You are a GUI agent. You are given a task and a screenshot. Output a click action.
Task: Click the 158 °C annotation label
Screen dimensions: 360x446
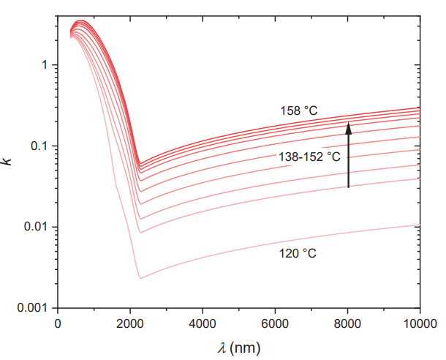coord(298,111)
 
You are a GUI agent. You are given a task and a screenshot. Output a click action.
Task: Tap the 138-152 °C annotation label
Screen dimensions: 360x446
coord(309,156)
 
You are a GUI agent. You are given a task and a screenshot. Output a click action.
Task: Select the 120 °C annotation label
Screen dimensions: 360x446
coord(298,254)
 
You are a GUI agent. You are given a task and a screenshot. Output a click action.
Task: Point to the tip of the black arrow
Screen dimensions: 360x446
coord(349,122)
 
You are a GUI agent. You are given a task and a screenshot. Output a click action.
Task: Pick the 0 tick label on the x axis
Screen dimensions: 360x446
coord(58,323)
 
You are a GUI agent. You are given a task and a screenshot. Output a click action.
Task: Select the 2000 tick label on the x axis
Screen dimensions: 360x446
coord(130,323)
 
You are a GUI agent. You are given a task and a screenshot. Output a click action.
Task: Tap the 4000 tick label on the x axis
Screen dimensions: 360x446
coord(203,323)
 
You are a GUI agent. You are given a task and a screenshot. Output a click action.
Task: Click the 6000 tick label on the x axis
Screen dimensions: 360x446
coord(275,323)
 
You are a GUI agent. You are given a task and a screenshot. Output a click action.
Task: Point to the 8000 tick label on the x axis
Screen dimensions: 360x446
coord(347,323)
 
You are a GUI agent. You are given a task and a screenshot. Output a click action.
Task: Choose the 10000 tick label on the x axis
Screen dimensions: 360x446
coord(417,323)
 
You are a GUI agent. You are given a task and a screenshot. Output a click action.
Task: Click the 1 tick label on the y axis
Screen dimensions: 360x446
coord(45,65)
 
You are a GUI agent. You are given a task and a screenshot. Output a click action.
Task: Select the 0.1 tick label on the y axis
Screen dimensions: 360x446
coord(41,146)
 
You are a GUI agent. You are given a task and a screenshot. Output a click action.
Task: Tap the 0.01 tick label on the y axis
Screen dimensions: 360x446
coord(38,227)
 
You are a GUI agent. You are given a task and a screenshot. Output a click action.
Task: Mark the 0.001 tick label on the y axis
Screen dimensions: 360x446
coord(35,307)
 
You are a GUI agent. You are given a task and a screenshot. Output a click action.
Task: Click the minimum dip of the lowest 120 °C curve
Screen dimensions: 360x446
coord(140,278)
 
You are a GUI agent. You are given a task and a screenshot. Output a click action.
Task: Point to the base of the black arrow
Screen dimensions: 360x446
coord(349,188)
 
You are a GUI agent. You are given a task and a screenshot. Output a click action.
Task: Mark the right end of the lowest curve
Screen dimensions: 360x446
coord(419,225)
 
